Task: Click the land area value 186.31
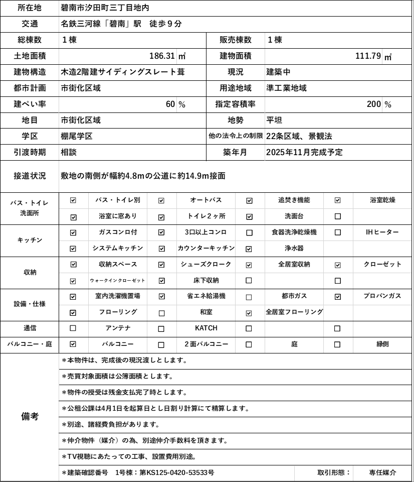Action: [162, 56]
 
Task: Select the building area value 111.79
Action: [368, 56]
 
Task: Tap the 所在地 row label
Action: [30, 8]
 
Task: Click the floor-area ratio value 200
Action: [373, 104]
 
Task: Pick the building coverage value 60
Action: [170, 104]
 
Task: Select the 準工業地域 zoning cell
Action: [287, 88]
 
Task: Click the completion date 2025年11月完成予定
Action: [305, 153]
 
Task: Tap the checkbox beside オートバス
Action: [161, 200]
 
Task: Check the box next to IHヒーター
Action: [338, 232]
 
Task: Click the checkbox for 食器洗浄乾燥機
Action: [249, 232]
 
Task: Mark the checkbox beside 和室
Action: [161, 313]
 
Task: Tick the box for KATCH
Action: [161, 329]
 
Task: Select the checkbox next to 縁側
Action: [338, 345]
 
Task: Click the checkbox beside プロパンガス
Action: [338, 297]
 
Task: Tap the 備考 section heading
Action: [30, 417]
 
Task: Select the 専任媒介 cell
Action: [382, 473]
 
